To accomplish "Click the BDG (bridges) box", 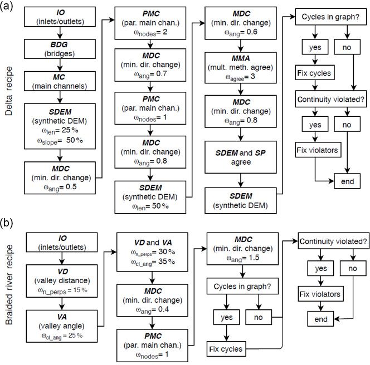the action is coord(60,49).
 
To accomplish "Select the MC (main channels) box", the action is coord(60,81).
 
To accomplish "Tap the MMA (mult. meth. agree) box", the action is coord(241,68).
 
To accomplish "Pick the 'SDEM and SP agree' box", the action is coord(241,157).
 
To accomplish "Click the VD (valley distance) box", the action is coord(62,281).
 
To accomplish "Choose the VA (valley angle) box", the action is coord(62,326).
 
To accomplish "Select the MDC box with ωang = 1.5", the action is coord(242,249).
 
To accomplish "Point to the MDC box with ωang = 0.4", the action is coord(153,300).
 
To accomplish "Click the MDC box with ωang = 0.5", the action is coord(60,178).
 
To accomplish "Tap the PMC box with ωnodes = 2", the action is coord(150,23).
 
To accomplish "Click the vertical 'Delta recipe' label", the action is coord(9,91).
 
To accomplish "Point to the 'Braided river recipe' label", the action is coord(9,285).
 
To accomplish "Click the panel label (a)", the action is coord(6,6).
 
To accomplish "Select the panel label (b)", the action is coord(6,223).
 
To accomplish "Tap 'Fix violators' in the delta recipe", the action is coord(318,150).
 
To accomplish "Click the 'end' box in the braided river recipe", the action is coord(320,319).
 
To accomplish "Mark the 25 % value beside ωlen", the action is coord(70,130).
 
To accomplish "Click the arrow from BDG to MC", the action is coord(60,65).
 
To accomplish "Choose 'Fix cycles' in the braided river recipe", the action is coord(226,349).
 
